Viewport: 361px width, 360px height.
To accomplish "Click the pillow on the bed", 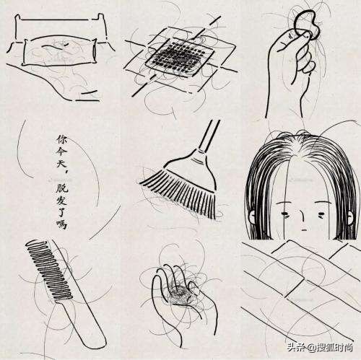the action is pos(59,51).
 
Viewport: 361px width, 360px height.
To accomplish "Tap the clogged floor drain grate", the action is pos(179,56).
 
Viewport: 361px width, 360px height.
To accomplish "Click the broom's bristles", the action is pos(179,193).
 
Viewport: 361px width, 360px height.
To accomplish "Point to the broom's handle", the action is pos(209,136).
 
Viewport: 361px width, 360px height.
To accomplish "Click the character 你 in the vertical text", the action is pos(61,140).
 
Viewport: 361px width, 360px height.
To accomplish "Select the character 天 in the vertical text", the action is pos(62,165).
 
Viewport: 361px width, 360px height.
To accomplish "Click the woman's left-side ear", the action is pos(252,216).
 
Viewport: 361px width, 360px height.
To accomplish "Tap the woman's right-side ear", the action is pos(352,217).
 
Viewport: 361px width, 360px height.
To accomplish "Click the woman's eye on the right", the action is pos(321,214).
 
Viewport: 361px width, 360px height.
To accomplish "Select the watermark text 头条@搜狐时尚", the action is pos(321,348).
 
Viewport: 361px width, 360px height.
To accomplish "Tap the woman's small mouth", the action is pos(304,230).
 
